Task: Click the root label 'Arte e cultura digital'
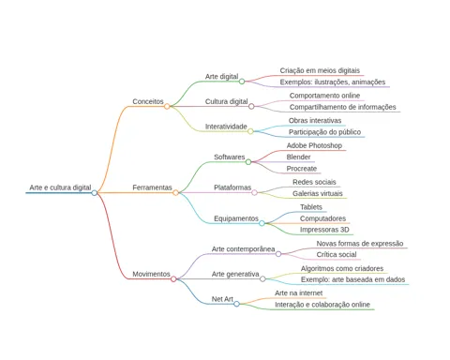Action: pos(60,187)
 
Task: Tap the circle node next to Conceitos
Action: pos(167,106)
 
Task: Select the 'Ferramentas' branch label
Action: pos(152,187)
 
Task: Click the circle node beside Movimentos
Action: pos(173,278)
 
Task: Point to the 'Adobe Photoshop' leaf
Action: pos(314,145)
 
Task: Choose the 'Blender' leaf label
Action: pos(298,157)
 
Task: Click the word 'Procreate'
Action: pos(302,169)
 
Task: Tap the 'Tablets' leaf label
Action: pos(311,207)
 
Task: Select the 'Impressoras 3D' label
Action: pos(324,230)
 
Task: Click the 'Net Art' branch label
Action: pos(222,299)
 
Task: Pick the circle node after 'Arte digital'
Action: pos(242,82)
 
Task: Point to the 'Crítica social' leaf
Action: pos(337,254)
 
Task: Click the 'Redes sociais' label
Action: pos(314,182)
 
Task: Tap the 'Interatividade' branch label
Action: pos(226,127)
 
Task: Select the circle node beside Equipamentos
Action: pos(262,223)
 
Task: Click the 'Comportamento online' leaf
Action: pos(324,96)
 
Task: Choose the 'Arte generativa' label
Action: pos(235,274)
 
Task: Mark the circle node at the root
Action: pos(95,193)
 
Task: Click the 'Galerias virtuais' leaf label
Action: pos(318,193)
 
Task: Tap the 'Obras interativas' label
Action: pos(315,120)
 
